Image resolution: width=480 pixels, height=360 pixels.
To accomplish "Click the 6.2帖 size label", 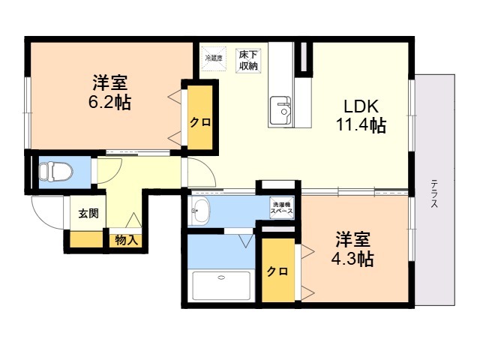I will (109, 103).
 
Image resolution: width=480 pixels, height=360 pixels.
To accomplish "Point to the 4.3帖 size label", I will (352, 259).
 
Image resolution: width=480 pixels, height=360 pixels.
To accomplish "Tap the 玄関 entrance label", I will (88, 213).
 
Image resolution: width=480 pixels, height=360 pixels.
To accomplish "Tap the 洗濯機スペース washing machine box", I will (282, 208).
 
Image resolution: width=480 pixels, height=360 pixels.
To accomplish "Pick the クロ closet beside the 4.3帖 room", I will (277, 271).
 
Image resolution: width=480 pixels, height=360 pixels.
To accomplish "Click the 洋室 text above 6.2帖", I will (109, 81).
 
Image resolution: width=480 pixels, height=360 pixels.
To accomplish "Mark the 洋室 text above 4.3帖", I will (352, 240).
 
